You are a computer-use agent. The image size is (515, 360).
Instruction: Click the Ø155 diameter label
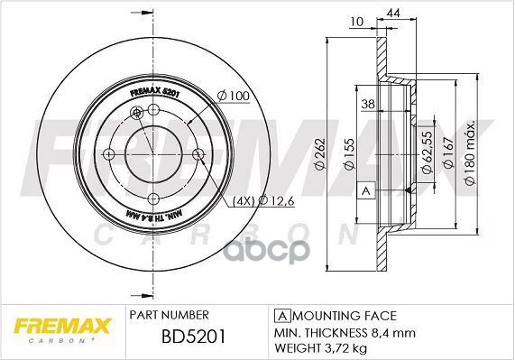[346, 156]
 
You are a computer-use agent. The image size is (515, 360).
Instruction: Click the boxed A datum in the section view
[366, 191]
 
